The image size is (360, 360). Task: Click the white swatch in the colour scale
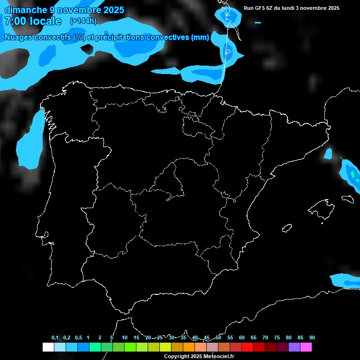48,347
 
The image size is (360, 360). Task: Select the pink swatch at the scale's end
306,347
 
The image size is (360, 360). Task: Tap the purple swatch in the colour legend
294,347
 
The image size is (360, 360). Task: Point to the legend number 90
312,337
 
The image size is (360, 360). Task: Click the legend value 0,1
55,337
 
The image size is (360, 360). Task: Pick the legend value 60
242,337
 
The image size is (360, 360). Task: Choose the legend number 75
277,337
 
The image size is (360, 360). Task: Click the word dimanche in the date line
24,10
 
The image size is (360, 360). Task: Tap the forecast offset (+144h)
83,21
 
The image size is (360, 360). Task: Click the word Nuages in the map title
18,37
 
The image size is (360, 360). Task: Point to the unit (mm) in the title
200,37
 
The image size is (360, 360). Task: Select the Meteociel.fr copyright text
199,356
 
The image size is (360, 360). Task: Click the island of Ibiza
287,228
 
